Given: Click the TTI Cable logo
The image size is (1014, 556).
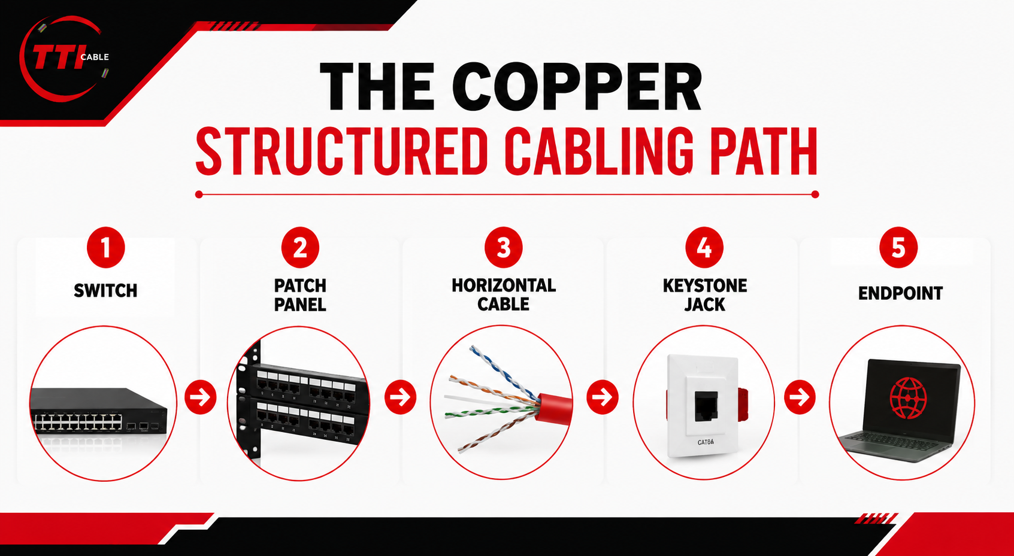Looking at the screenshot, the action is pyautogui.click(x=63, y=59).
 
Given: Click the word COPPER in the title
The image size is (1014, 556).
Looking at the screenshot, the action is pyautogui.click(x=577, y=87).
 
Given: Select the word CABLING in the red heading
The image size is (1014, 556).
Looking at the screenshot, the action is pyautogui.click(x=599, y=151).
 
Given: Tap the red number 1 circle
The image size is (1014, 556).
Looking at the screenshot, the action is pyautogui.click(x=105, y=247).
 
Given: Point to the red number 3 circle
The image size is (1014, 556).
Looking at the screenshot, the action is pyautogui.click(x=503, y=247).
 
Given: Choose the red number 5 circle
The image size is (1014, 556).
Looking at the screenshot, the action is pyautogui.click(x=898, y=247).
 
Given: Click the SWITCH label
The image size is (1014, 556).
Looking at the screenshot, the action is pyautogui.click(x=105, y=291).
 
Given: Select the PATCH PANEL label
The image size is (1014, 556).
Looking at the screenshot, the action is pyautogui.click(x=300, y=295).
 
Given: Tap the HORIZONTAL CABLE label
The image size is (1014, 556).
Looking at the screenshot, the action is pyautogui.click(x=503, y=294).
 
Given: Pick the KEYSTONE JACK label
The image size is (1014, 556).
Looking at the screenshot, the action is pyautogui.click(x=705, y=295).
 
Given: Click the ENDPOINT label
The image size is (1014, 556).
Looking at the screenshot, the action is pyautogui.click(x=900, y=293).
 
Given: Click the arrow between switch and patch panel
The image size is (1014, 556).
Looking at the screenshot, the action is pyautogui.click(x=201, y=397).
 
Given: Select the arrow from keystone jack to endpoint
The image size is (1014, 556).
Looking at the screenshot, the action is pyautogui.click(x=800, y=397).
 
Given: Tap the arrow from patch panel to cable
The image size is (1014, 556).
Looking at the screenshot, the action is pyautogui.click(x=400, y=397).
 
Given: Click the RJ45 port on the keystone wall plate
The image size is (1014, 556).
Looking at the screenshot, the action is pyautogui.click(x=706, y=406).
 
